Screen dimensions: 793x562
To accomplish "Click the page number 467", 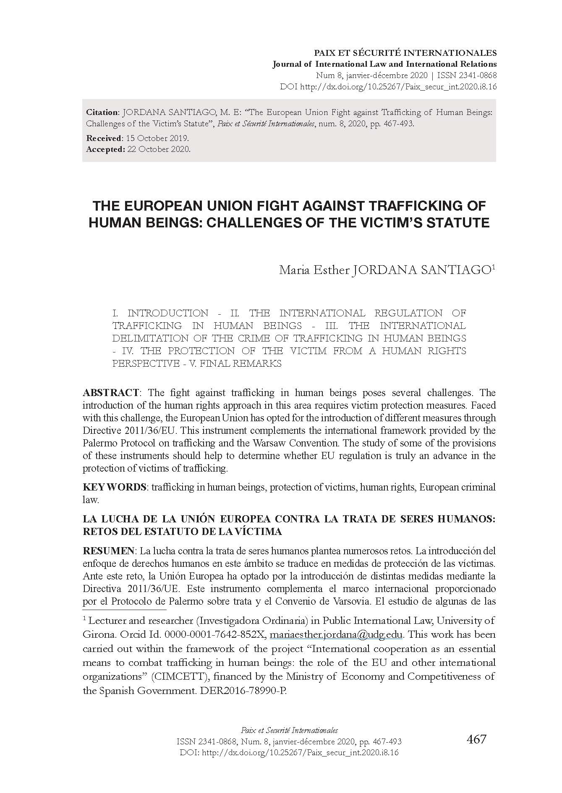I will click(x=476, y=739).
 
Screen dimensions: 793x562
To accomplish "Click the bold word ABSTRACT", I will click(x=111, y=393).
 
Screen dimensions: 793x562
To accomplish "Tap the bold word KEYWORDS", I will click(x=114, y=487).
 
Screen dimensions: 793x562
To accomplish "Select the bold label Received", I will click(x=104, y=138).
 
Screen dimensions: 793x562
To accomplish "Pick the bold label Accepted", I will click(x=105, y=149).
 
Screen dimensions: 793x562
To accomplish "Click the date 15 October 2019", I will click(x=158, y=138).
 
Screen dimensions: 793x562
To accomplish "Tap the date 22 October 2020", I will click(x=159, y=149).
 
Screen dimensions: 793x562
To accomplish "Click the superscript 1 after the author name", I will click(x=494, y=266).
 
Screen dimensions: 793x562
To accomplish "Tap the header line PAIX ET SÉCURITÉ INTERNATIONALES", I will click(x=405, y=53).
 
